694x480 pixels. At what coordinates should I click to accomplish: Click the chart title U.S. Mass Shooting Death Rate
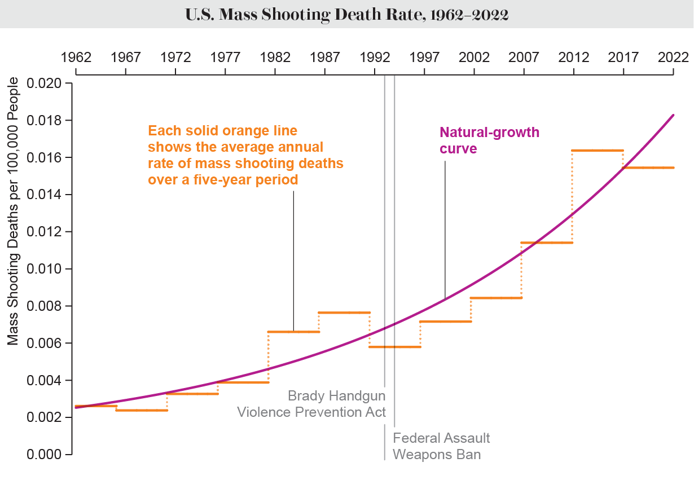click(x=346, y=15)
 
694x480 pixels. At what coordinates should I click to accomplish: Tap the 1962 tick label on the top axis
click(x=76, y=58)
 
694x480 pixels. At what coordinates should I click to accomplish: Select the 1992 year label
click(x=375, y=58)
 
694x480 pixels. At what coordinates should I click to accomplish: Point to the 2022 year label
click(x=673, y=58)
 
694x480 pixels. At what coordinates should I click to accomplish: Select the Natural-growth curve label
click(x=489, y=140)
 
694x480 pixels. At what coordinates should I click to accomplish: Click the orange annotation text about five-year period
click(x=245, y=155)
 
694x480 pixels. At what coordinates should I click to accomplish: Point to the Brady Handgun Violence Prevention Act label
click(x=311, y=403)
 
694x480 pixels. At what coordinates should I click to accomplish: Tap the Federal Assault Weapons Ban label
click(x=441, y=446)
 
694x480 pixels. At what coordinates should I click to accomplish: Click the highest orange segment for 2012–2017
click(x=598, y=151)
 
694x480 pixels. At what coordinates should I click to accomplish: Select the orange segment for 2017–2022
click(x=648, y=168)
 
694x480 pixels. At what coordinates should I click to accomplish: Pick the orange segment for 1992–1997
click(x=395, y=347)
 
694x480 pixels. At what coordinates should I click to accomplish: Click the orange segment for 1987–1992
click(x=344, y=312)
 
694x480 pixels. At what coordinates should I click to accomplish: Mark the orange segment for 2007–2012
click(x=546, y=243)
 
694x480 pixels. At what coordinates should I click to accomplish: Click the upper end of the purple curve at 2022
click(x=673, y=115)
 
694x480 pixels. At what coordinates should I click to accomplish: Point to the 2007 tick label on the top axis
click(x=524, y=58)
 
